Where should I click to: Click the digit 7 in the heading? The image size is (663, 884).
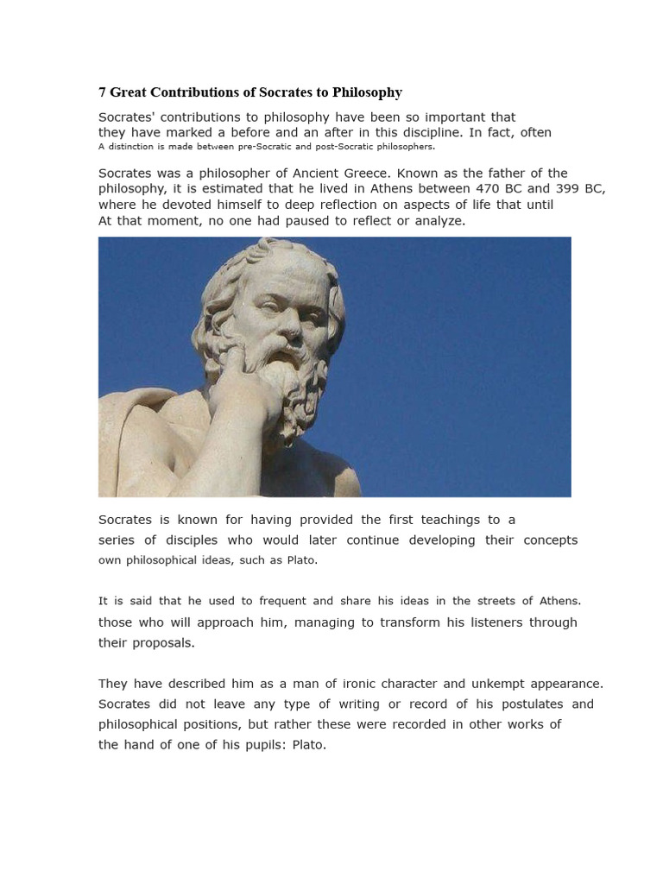pyautogui.click(x=102, y=92)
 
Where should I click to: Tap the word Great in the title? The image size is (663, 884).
pyautogui.click(x=128, y=92)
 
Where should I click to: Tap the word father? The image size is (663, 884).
pyautogui.click(x=492, y=173)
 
